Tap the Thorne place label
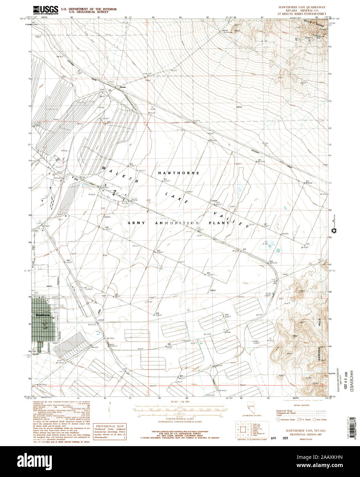click(123, 87)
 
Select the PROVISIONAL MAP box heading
click(111, 426)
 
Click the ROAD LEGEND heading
click(302, 405)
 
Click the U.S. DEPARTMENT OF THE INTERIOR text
click(89, 9)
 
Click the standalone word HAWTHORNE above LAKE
click(178, 173)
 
